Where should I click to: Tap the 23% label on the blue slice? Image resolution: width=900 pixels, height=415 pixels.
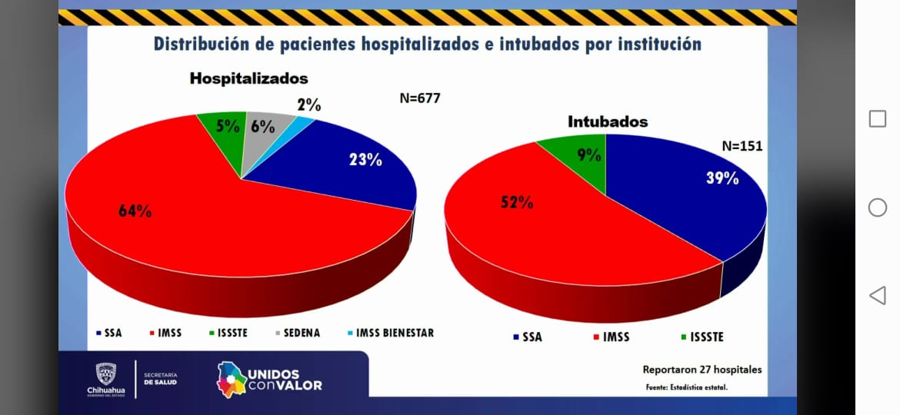365,160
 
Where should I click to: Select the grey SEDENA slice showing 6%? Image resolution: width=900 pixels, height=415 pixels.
263,127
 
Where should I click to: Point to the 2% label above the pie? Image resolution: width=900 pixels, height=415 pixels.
308,105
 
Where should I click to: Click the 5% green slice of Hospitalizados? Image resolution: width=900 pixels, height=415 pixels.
227,127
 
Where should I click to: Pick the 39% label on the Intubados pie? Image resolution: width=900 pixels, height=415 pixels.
722,178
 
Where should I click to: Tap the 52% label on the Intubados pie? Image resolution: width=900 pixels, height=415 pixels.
517,202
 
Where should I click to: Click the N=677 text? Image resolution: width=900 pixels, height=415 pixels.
419,98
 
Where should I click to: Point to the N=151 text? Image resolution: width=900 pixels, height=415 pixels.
742,145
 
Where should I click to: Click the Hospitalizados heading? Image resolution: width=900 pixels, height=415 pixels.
248,78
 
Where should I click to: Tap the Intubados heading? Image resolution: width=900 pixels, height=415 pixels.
608,121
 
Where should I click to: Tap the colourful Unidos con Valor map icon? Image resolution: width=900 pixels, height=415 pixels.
231,378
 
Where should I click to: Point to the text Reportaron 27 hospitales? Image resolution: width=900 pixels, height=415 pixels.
702,370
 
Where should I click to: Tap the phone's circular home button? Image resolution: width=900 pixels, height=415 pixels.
877,207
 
